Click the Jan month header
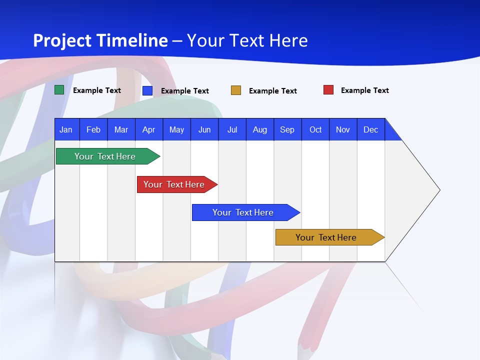[66, 129]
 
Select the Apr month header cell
[149, 129]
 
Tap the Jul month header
[232, 129]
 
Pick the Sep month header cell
[287, 129]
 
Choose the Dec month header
[370, 129]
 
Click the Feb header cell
[93, 129]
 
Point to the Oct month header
[315, 129]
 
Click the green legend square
[59, 90]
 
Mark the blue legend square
[147, 90]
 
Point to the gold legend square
[236, 90]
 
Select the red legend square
[328, 90]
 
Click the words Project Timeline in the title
[100, 40]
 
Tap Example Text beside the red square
[364, 90]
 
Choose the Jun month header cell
[204, 129]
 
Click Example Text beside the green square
[97, 90]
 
